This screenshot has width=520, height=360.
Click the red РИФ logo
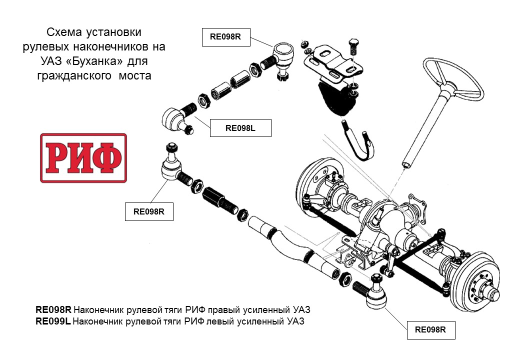pos(83,158)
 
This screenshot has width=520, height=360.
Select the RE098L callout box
pos(240,128)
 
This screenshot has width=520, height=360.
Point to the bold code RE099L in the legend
pos(53,321)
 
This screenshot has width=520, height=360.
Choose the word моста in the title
pos(134,75)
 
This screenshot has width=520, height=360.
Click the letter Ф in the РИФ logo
pos(108,158)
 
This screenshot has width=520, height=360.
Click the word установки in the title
pos(113,32)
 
